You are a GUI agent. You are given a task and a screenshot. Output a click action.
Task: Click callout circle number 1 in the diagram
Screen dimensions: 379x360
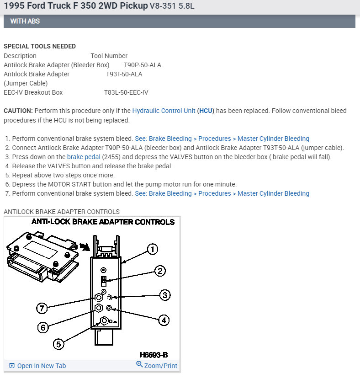(x=152, y=249)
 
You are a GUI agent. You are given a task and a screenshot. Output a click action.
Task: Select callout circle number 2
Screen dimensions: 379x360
(x=159, y=271)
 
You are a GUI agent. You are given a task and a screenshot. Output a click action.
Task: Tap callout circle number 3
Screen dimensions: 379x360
(x=164, y=295)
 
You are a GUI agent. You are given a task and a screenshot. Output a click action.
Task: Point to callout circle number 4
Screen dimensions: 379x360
(x=164, y=320)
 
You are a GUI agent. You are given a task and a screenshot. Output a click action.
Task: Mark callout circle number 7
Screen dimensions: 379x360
(x=42, y=308)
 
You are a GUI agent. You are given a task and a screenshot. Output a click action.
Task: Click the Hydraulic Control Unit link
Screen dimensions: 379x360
(x=164, y=111)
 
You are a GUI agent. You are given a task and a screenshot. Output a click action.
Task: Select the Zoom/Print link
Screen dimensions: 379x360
(x=157, y=365)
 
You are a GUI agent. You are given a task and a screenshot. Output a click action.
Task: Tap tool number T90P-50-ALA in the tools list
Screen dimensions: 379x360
(x=143, y=65)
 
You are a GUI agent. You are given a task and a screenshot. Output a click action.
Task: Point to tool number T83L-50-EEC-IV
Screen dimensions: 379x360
(x=126, y=92)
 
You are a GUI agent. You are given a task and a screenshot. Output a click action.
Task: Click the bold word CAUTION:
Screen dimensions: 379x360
(x=18, y=111)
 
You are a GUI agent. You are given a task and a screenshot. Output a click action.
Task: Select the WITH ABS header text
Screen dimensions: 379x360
(x=25, y=21)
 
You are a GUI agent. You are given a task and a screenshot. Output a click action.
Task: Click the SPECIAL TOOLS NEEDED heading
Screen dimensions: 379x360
(x=40, y=46)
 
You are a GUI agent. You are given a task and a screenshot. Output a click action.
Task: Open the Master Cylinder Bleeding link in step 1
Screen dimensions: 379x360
(x=273, y=139)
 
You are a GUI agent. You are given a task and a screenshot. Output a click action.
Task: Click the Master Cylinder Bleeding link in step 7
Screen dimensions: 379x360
(x=273, y=193)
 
